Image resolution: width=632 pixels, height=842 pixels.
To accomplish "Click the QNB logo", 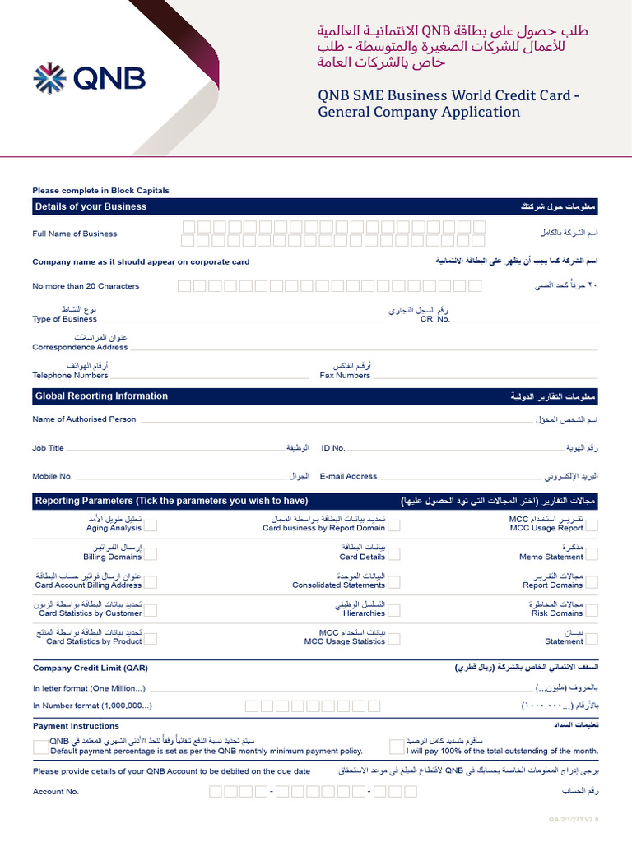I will pos(89,79).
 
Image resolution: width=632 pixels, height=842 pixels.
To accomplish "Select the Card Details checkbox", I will pos(395,553).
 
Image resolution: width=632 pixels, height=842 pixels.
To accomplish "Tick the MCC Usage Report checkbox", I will pos(592,525).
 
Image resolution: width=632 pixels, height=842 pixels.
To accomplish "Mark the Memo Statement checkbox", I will pos(592,553).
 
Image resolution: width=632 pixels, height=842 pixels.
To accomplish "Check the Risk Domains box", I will pos(592,609).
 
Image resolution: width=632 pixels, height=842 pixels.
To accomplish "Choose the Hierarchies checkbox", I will pos(395,609).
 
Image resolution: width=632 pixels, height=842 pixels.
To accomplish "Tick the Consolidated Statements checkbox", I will pos(395,581).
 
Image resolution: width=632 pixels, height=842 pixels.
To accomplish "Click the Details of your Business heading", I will pos(91,206).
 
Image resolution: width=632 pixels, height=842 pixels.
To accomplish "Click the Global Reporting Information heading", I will pos(101,396).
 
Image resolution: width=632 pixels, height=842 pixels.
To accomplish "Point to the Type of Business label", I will pos(64,319).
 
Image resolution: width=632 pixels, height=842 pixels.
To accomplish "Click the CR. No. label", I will pos(435,319).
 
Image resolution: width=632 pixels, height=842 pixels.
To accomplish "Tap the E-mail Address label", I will pos(348,476).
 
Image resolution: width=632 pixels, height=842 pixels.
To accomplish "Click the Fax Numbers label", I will pos(345,375).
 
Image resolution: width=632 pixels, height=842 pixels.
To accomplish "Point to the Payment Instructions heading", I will pos(76,726).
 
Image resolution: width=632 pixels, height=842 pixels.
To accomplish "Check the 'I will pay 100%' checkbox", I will pos(397,746).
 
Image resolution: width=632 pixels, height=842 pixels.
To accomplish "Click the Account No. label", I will pos(56,792).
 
